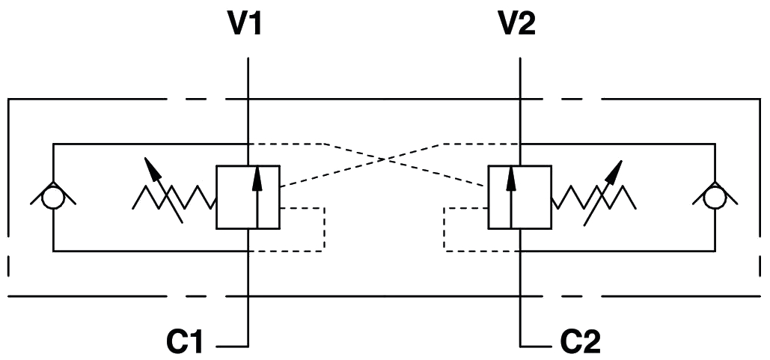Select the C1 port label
[x=185, y=342]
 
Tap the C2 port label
[x=581, y=342]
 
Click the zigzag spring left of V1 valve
[x=174, y=198]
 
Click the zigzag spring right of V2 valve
[x=593, y=198]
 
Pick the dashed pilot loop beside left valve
[x=324, y=229]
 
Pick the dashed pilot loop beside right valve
[x=444, y=229]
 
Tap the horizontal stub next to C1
[x=232, y=347]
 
